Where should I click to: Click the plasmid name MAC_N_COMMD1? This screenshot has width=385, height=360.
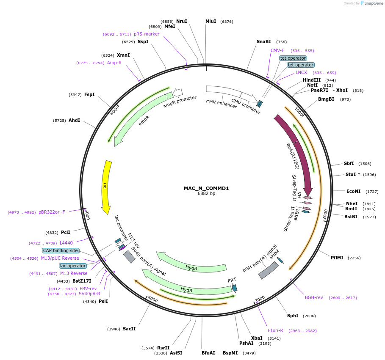[206, 188]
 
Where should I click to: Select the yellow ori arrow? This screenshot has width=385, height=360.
[106, 186]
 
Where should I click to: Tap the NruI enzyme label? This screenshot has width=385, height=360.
[182, 21]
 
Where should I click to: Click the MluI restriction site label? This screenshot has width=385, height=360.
[211, 21]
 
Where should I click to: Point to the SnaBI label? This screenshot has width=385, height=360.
[263, 41]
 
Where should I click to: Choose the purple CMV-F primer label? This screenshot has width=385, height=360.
[277, 50]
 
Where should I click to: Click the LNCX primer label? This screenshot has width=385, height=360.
[301, 72]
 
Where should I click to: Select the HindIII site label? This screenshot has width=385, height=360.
[311, 80]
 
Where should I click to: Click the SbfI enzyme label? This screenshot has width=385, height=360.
[349, 163]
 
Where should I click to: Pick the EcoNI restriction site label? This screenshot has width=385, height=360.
[353, 191]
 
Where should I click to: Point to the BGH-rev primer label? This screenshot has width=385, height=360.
[314, 297]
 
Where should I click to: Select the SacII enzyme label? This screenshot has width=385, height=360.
[129, 329]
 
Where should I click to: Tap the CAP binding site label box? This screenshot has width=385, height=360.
[60, 250]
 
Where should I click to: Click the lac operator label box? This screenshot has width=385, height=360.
[73, 266]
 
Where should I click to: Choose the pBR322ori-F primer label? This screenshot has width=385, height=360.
[52, 212]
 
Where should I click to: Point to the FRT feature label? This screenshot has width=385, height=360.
[232, 280]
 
